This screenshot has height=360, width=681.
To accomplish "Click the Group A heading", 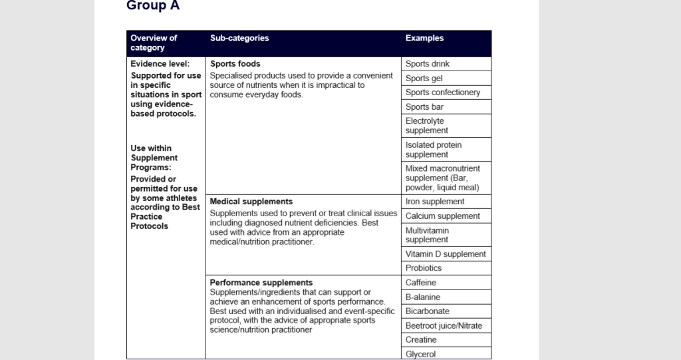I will click(x=153, y=6).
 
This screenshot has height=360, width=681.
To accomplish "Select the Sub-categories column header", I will click(x=239, y=39).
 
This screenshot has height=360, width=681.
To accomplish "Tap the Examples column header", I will click(x=424, y=39).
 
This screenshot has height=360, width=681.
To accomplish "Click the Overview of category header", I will click(x=154, y=43).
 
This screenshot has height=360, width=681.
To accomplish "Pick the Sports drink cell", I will click(x=428, y=64).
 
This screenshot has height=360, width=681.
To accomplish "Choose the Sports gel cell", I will click(x=424, y=79).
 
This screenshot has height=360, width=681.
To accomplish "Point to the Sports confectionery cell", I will click(x=443, y=92).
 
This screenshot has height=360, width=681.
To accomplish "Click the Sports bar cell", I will click(x=424, y=107).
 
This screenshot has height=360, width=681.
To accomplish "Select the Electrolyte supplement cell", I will click(x=426, y=126).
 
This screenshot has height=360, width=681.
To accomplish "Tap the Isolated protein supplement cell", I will click(x=434, y=150).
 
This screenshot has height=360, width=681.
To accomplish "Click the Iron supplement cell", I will click(x=435, y=202).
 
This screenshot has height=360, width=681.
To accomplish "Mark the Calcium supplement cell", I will click(x=443, y=216).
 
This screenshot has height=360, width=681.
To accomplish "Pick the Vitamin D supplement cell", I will click(x=446, y=254).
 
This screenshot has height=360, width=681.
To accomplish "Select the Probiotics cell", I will click(x=424, y=268).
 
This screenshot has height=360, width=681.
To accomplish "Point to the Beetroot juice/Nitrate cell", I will click(x=444, y=325).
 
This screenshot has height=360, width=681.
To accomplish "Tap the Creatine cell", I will click(x=422, y=340).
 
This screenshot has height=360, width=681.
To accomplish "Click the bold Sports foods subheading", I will click(x=235, y=64).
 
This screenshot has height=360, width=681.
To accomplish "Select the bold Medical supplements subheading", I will click(x=251, y=201).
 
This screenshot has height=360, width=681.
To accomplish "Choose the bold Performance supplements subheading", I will click(x=261, y=283).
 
